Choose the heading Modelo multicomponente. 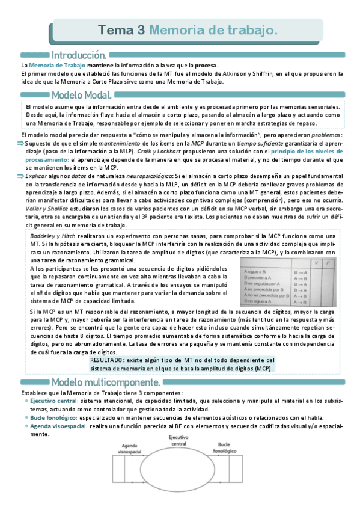[x=106, y=382]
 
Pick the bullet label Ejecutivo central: [x=56, y=401]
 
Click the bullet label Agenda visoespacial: [x=58, y=426]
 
